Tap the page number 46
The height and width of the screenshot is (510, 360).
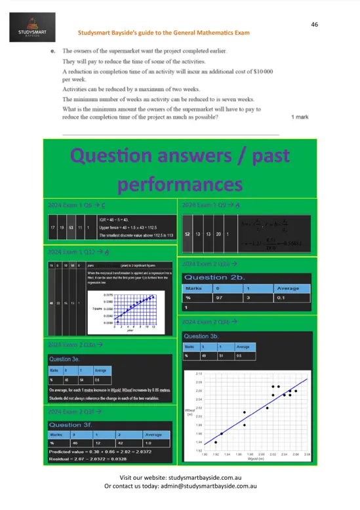[315, 24]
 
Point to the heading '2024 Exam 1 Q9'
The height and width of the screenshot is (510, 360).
[210, 206]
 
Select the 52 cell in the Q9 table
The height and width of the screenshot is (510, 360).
[188, 234]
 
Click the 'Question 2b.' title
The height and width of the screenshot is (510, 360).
[214, 277]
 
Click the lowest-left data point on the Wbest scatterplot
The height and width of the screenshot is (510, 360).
[216, 442]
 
